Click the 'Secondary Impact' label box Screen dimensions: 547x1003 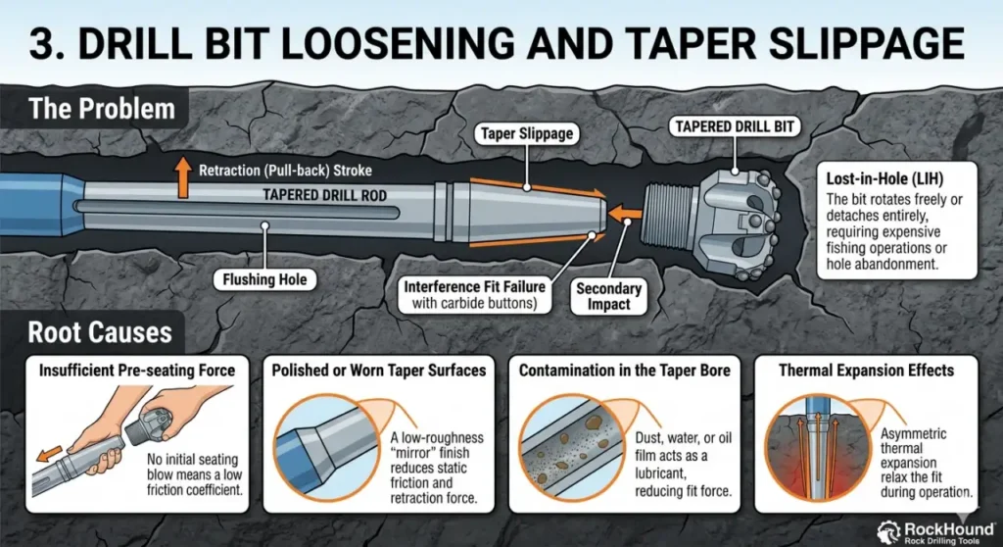tap(608, 297)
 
